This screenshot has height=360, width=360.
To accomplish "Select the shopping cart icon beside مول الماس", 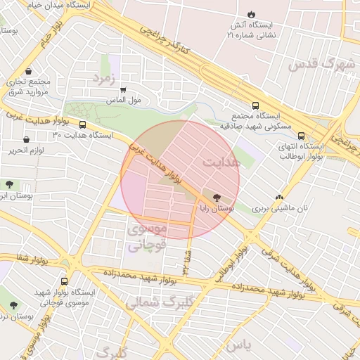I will [x=124, y=90].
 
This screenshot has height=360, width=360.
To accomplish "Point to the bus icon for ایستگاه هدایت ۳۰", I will [x=82, y=125].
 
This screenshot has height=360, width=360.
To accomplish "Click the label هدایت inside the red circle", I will [x=221, y=162].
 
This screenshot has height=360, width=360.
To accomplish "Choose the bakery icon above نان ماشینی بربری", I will [x=280, y=198].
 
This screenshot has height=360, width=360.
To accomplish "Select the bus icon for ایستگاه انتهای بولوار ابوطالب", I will [x=301, y=136].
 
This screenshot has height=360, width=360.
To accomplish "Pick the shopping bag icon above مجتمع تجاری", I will [x=27, y=72].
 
